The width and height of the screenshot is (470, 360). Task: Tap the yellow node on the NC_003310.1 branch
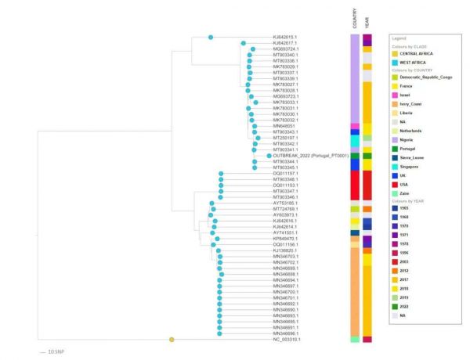coord(172,340)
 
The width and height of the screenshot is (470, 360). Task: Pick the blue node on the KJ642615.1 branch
coord(211,37)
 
